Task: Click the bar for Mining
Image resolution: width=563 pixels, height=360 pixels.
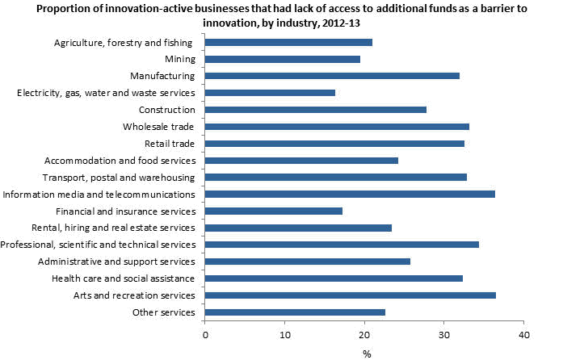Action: pos(283,59)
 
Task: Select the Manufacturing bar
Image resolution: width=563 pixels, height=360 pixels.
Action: pos(332,76)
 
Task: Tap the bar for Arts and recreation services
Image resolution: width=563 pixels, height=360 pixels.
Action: pos(351,295)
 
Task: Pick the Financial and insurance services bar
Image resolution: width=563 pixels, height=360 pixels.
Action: pos(274,211)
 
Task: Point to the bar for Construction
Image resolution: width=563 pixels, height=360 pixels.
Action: pos(316,110)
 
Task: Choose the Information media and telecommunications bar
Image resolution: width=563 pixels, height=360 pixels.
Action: pos(350,194)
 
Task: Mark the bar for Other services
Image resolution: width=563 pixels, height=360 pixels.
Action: pos(296,312)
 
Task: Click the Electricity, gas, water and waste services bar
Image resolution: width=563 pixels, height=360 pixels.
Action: pos(271,93)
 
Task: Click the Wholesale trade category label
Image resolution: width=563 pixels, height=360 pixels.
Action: pos(159,127)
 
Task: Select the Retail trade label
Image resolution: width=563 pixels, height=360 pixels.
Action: pos(167,144)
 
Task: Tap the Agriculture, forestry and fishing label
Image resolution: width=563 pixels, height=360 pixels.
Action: pos(124,42)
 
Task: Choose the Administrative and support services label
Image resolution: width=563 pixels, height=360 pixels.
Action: pos(116,262)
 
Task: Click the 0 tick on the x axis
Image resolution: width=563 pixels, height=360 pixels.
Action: pos(205,333)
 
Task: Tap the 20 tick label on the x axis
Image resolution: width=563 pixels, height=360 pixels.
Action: pos(364,333)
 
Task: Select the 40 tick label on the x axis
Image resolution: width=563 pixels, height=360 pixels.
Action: pos(523,333)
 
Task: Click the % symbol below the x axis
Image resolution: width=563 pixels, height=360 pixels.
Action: pos(366,353)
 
